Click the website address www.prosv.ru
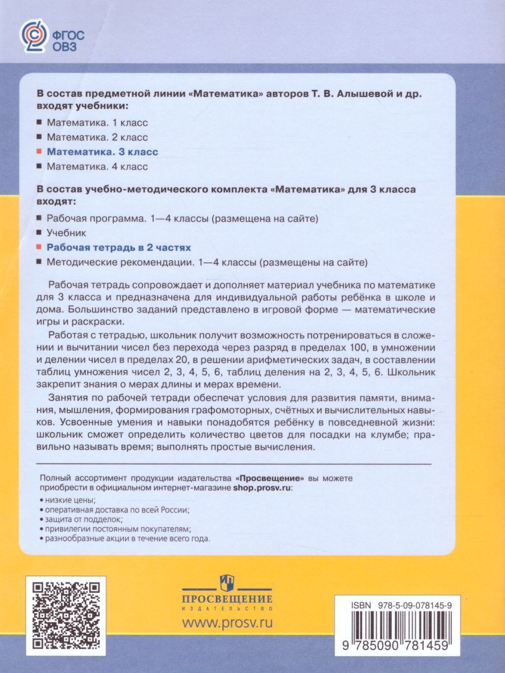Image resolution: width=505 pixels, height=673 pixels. point(227,622)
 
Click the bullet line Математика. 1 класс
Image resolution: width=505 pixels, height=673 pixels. point(97,122)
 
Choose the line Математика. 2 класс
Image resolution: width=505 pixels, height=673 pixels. point(97,137)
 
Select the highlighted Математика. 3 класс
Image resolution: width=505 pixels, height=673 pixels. point(102,151)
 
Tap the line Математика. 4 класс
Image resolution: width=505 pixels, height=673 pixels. point(97,166)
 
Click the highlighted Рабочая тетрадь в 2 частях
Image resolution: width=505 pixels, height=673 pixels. point(118,247)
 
